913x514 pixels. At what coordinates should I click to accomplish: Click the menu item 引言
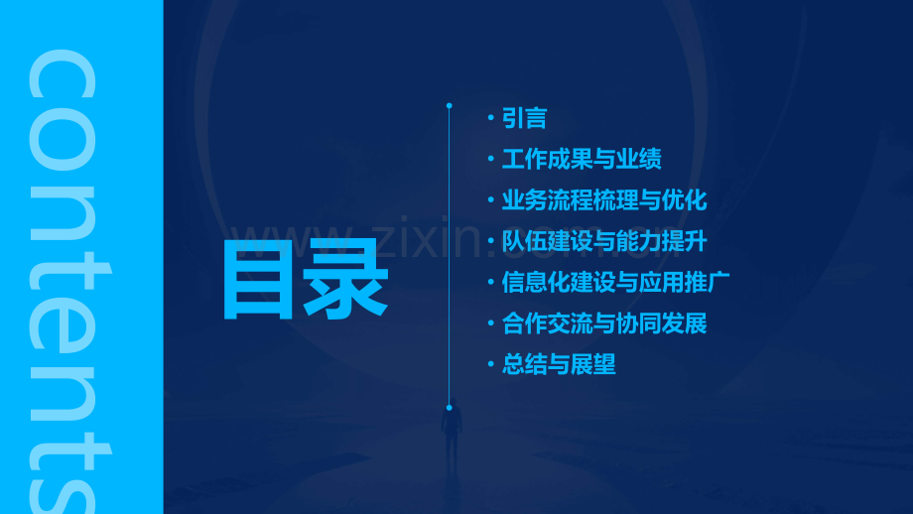[524, 119]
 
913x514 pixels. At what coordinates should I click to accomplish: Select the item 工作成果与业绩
[582, 160]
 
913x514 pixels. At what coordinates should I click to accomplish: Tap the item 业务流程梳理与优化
[604, 200]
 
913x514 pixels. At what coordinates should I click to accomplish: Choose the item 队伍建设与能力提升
[604, 241]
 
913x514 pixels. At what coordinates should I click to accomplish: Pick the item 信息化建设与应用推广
[615, 282]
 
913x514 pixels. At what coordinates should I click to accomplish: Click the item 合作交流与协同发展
[604, 323]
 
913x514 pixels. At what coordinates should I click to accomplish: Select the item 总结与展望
[559, 364]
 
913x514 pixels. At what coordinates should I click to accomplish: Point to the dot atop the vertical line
[449, 105]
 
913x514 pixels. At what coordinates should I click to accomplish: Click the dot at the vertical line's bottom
[449, 408]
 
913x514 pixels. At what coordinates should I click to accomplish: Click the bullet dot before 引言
[491, 119]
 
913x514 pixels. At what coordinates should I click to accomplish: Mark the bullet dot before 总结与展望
[491, 364]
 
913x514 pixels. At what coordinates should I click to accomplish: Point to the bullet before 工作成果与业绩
[491, 160]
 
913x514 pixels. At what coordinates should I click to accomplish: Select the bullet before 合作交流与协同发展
[491, 323]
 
